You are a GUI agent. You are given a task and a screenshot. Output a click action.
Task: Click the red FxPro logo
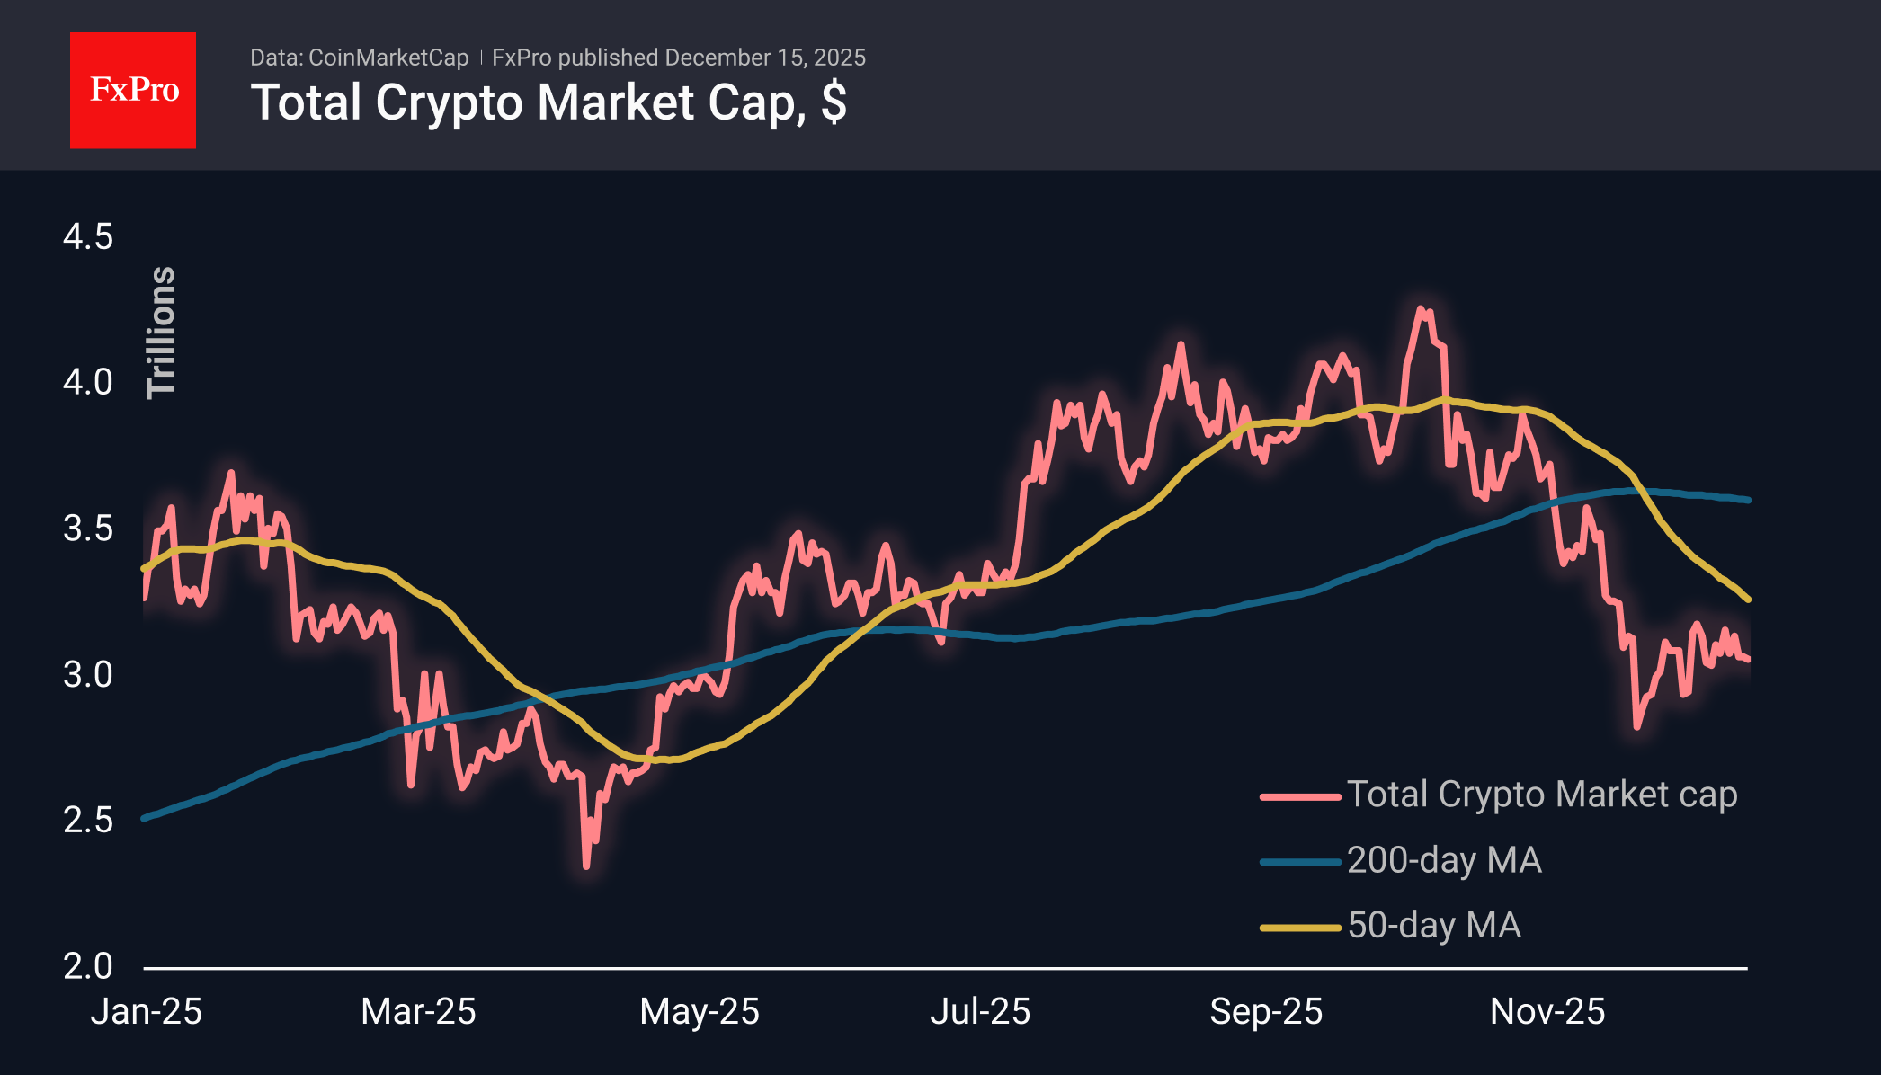[x=133, y=90]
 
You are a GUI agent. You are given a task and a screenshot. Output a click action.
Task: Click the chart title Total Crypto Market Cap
[x=548, y=102]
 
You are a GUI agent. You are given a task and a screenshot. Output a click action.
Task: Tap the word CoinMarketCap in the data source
[x=388, y=58]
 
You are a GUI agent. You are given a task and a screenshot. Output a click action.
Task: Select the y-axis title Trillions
[x=162, y=333]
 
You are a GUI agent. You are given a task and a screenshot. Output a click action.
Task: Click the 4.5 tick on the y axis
[x=88, y=237]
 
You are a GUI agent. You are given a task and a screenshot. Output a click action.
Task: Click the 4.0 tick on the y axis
[x=88, y=382]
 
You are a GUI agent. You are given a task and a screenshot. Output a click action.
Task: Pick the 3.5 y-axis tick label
[x=88, y=529]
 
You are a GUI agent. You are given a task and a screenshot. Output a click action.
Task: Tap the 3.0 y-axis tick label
[x=88, y=674]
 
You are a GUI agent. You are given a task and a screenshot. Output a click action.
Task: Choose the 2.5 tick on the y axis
[x=88, y=820]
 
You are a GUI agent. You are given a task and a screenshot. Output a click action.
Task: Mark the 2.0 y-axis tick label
[x=88, y=966]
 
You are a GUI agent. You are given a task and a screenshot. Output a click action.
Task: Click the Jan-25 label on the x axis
[x=147, y=1012]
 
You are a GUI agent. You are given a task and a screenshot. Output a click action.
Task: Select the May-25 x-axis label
[x=700, y=1012]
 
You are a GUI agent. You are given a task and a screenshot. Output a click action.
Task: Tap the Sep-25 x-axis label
[x=1266, y=1012]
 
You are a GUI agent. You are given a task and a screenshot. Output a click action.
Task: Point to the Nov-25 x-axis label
[x=1547, y=1012]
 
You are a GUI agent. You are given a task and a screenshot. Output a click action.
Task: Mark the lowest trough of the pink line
[x=586, y=866]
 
